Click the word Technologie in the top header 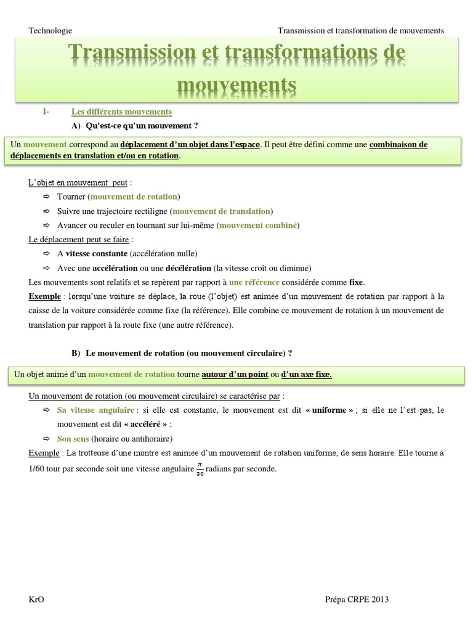click(51, 30)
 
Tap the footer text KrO click(37, 600)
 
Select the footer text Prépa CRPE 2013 click(357, 600)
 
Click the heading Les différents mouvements click(121, 112)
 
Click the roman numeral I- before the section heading click(46, 112)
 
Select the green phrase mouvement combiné click(258, 226)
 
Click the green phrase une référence click(254, 282)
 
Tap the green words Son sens click(73, 439)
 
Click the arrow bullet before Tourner click(47, 197)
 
